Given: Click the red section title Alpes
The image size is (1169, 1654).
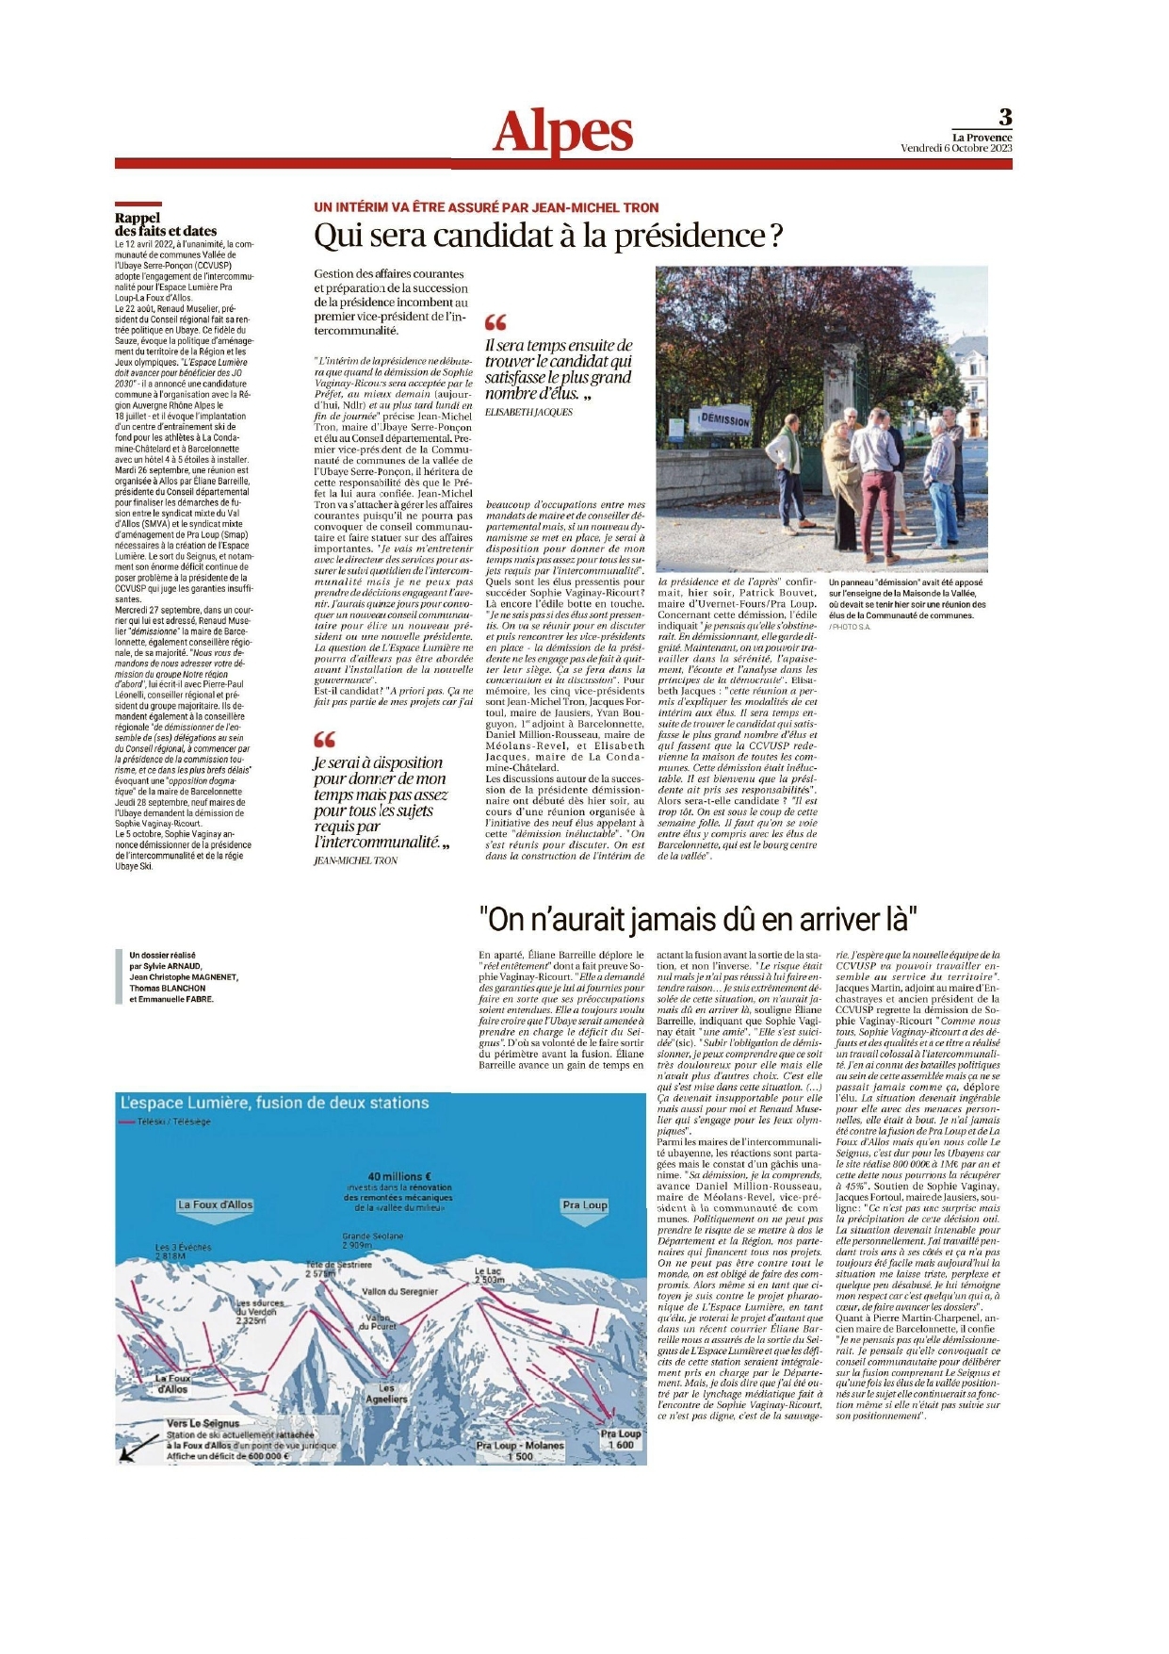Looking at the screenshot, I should click(x=562, y=132).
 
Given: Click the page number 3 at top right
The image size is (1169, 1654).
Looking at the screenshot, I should click(x=1005, y=117).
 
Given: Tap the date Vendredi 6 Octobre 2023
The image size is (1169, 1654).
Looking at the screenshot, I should click(x=955, y=148).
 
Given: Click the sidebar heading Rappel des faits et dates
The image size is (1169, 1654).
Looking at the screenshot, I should click(x=165, y=224).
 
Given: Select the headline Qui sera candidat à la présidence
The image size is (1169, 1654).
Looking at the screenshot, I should click(x=547, y=236).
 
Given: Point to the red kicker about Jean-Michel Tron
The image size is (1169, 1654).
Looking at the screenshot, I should click(x=486, y=207).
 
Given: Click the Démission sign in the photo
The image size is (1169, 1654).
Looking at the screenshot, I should click(x=724, y=418).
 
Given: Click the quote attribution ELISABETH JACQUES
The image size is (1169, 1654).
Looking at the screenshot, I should click(x=528, y=412).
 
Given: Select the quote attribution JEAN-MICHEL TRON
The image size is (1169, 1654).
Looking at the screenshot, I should click(x=355, y=860).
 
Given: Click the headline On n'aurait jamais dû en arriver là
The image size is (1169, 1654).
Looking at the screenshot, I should click(x=698, y=918).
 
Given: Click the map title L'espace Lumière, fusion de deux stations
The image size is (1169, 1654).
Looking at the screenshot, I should click(x=274, y=1103).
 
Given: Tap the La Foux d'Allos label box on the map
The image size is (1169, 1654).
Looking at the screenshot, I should click(x=215, y=1204).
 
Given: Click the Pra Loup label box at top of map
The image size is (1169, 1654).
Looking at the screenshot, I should click(x=584, y=1204).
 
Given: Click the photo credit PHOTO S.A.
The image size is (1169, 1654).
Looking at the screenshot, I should click(x=850, y=627).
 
